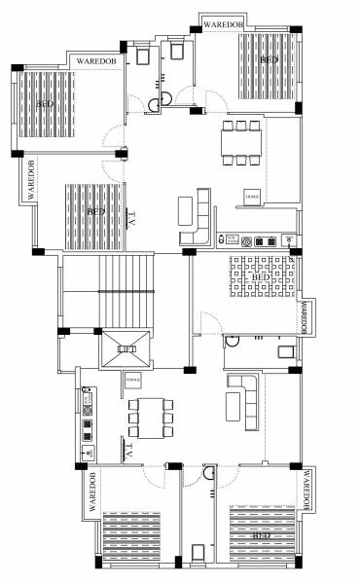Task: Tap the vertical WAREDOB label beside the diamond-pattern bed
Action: click(x=305, y=317)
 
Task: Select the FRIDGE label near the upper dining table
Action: click(x=252, y=198)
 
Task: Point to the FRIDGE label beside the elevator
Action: click(x=133, y=379)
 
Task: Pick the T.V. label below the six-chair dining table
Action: click(x=128, y=450)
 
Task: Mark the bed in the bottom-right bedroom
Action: click(x=259, y=534)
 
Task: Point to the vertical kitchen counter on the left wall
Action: click(x=88, y=421)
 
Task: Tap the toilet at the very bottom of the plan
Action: click(x=198, y=555)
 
